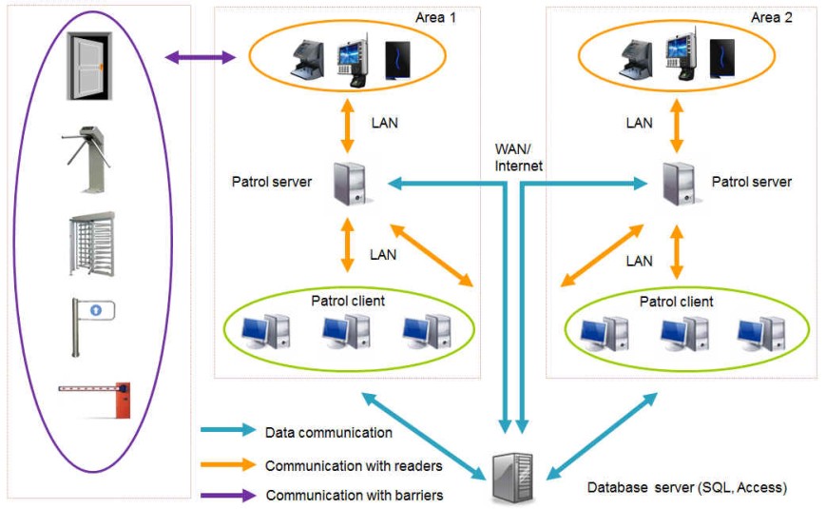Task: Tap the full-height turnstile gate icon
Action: [91, 245]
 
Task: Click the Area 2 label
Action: [771, 18]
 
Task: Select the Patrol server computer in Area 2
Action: [678, 182]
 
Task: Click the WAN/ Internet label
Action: [519, 158]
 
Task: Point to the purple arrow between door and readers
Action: [201, 59]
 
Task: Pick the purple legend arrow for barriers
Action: [228, 495]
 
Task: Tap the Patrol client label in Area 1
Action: [348, 301]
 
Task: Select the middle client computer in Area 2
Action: [685, 332]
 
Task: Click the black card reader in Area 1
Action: [397, 61]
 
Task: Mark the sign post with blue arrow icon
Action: [89, 323]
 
